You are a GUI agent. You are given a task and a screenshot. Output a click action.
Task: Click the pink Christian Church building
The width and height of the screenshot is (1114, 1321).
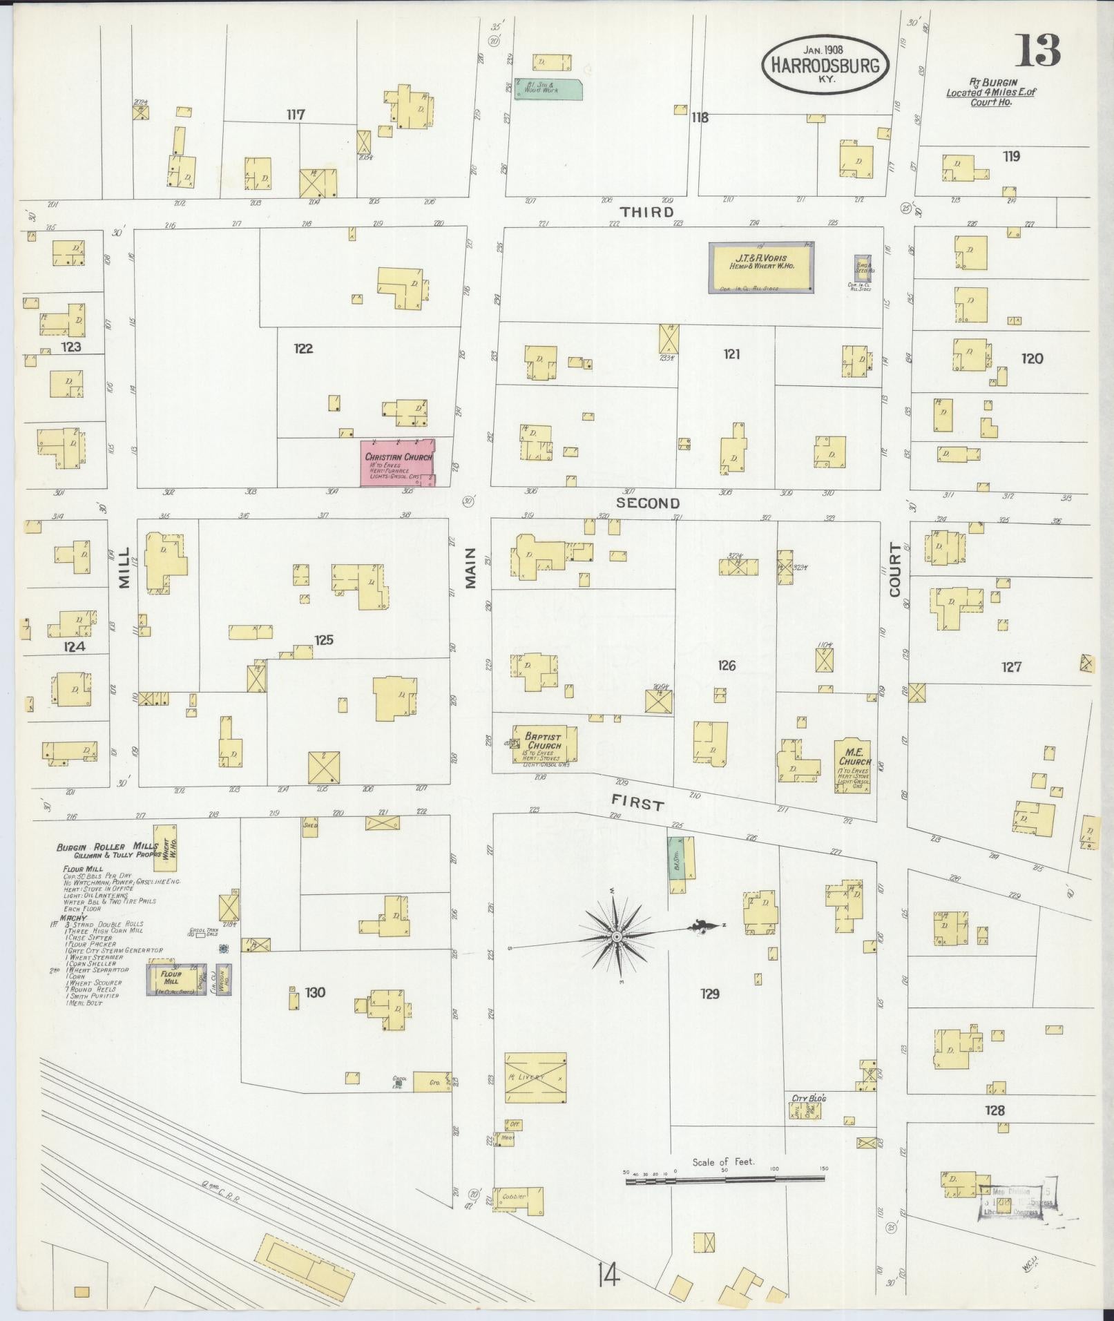pos(397,462)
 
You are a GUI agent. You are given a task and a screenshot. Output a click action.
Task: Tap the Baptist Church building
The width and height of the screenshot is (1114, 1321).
pos(544,744)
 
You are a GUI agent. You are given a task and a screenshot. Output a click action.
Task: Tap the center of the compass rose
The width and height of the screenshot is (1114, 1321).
pos(615,936)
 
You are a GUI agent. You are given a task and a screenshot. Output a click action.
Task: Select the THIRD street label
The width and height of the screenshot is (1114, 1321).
pos(646,212)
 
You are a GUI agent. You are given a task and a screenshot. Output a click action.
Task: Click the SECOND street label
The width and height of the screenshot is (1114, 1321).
pos(647,503)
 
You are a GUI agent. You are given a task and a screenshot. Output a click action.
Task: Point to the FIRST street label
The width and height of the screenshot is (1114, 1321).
pos(638,803)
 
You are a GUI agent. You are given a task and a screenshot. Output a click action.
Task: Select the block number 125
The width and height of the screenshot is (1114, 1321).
pos(323,640)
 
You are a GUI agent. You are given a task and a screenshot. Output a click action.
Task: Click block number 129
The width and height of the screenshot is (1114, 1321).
pos(709,993)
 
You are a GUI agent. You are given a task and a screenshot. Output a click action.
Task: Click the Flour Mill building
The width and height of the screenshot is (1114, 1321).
pos(171,978)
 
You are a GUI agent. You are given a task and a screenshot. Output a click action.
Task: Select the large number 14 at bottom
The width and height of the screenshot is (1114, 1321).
pos(609,1275)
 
